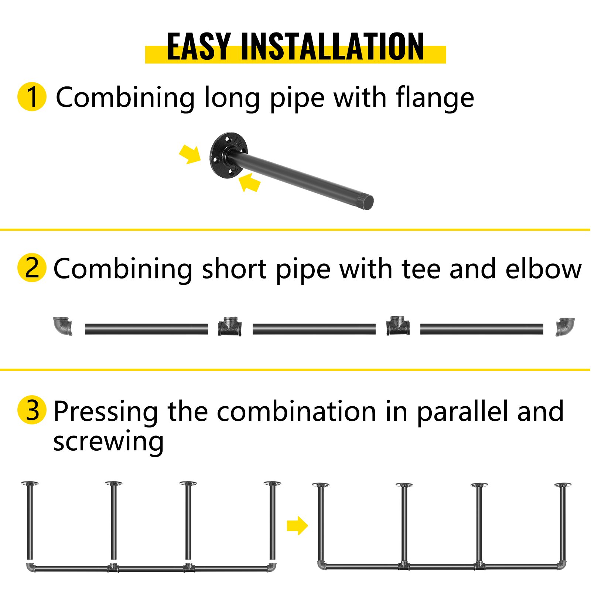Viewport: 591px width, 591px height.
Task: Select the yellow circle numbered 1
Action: click(32, 96)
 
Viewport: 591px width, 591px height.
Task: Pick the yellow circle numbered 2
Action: click(32, 268)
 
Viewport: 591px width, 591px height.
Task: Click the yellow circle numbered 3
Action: click(32, 410)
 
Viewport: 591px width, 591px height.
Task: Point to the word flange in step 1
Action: click(435, 98)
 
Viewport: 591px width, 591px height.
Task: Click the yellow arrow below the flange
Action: click(250, 182)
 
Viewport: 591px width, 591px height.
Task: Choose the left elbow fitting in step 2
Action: click(63, 326)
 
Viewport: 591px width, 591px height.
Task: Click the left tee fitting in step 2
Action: click(230, 326)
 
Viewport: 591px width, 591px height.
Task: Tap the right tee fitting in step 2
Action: click(398, 326)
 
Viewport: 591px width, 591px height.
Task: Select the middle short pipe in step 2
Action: click(314, 329)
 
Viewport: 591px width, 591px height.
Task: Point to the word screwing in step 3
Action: click(108, 442)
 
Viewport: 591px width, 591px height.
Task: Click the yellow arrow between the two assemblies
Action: click(297, 525)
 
